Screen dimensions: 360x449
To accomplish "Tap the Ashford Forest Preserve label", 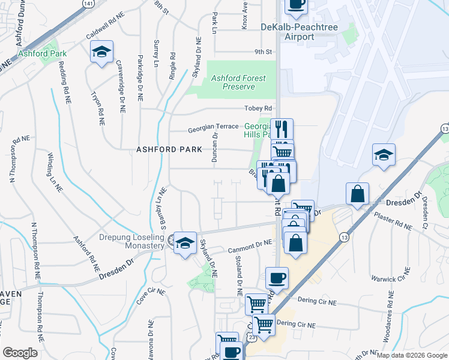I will click(x=238, y=82).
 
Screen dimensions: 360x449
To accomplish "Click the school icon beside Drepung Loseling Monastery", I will click(x=185, y=243).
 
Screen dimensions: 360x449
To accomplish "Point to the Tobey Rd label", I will click(x=258, y=109).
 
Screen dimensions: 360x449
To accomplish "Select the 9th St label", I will click(x=263, y=52).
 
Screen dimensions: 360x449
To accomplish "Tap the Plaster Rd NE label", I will click(x=391, y=222).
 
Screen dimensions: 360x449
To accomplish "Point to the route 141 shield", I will click(x=88, y=4).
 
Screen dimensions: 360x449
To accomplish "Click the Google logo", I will click(x=20, y=353).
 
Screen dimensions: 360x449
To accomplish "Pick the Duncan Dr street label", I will click(x=214, y=149).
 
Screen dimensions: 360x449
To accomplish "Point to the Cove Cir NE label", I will click(x=143, y=293).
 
